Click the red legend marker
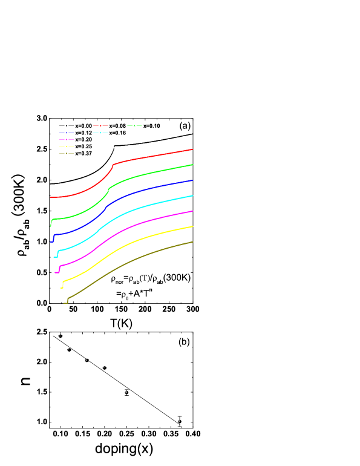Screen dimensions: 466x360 (x=100, y=125)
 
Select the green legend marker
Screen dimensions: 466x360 (x=134, y=125)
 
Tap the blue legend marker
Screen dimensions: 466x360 (x=67, y=133)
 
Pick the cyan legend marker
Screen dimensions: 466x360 (x=100, y=133)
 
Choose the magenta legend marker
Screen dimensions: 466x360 (x=67, y=139)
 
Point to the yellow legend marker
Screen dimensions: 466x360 (x=67, y=146)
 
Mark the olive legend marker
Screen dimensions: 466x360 (x=67, y=153)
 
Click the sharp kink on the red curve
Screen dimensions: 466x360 (x=113, y=164)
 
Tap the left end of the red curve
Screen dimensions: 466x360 (x=50, y=197)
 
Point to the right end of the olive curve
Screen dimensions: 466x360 (x=192, y=242)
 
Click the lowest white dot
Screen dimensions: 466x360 (x=179, y=421)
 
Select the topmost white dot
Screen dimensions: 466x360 (x=60, y=335)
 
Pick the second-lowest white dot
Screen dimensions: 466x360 (x=126, y=392)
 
